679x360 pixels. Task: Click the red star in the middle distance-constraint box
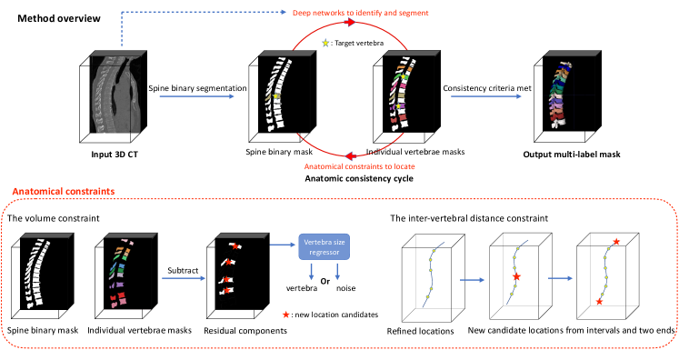[517, 275]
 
